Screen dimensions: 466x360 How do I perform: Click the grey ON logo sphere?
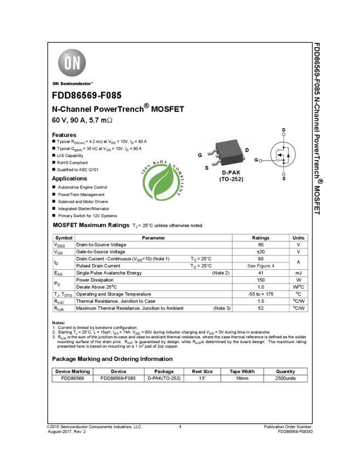tap(72, 63)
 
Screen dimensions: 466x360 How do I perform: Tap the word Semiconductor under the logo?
tap(77, 84)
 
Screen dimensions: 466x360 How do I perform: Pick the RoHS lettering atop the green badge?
tap(163, 162)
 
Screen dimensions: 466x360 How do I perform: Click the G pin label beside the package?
tap(200, 155)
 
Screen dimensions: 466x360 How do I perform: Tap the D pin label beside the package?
tap(247, 150)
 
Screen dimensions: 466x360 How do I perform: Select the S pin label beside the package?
tap(207, 167)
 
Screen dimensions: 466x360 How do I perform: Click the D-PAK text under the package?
tap(231, 172)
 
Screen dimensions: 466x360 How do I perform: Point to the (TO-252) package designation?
tap(231, 179)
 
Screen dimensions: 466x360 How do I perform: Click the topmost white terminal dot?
tap(284, 134)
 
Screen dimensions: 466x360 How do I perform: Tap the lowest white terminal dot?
tap(284, 174)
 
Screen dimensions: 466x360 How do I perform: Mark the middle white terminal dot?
tap(260, 161)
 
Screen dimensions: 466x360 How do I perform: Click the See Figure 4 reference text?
tap(260, 266)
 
